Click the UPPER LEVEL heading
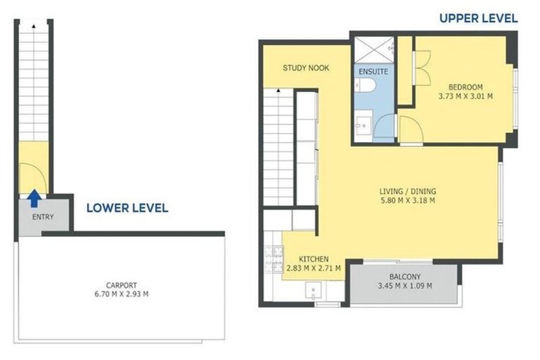[478, 18]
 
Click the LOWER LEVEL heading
[127, 207]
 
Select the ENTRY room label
[43, 217]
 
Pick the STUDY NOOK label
[306, 68]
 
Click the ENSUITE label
[373, 72]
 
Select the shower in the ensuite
[375, 49]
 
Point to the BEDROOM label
[465, 86]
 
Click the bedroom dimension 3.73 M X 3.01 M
[465, 96]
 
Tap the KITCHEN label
[314, 259]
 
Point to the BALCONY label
[404, 277]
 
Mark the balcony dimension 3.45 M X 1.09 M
[404, 286]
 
